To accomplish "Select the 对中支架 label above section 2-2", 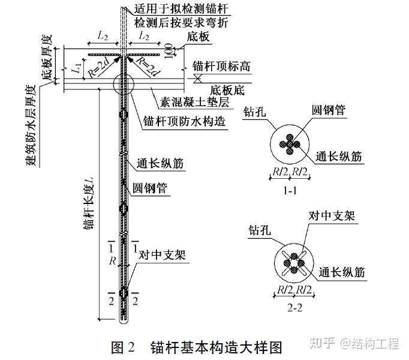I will (329, 215).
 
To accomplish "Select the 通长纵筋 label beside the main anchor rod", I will (160, 163).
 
